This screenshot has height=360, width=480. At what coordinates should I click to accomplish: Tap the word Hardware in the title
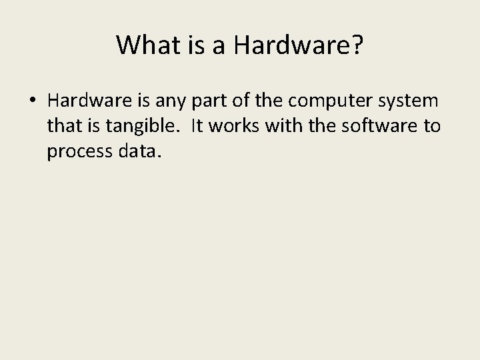point(296,45)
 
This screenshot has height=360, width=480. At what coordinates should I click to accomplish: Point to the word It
point(196,126)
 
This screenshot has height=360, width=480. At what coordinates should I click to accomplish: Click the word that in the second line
point(62,126)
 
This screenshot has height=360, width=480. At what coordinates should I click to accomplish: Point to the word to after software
point(431,126)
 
